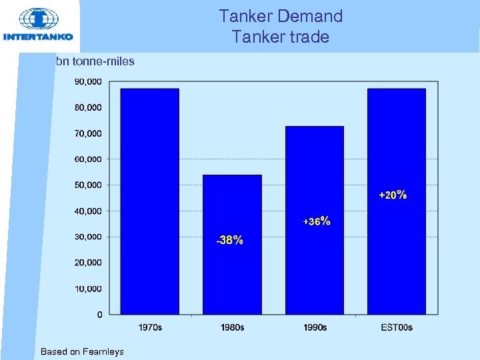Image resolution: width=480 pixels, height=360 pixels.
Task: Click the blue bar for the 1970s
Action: pyautogui.click(x=149, y=200)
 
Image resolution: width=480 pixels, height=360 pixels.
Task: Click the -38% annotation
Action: pyautogui.click(x=229, y=240)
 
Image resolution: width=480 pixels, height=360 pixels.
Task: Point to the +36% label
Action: pyautogui.click(x=317, y=221)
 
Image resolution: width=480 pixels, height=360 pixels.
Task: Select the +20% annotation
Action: pyautogui.click(x=393, y=195)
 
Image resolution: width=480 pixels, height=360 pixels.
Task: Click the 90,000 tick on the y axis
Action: pyautogui.click(x=88, y=81)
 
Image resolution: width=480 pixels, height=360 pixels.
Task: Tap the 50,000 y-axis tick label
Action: pyautogui.click(x=88, y=185)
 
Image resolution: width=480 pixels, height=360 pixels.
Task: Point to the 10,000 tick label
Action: pyautogui.click(x=88, y=289)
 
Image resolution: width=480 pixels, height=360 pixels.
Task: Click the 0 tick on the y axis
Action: pyautogui.click(x=99, y=314)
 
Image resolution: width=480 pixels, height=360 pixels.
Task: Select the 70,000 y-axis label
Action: pyautogui.click(x=88, y=133)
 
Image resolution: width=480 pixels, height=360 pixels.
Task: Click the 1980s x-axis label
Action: pyautogui.click(x=232, y=327)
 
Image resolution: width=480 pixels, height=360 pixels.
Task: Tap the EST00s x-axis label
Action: pyautogui.click(x=397, y=327)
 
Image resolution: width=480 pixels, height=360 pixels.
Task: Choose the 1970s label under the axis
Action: pyautogui.click(x=150, y=327)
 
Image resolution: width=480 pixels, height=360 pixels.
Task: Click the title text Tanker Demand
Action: pyautogui.click(x=281, y=15)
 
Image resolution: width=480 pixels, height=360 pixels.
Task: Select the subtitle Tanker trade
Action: pyautogui.click(x=281, y=37)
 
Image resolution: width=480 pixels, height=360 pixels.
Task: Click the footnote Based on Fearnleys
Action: pyautogui.click(x=82, y=351)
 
